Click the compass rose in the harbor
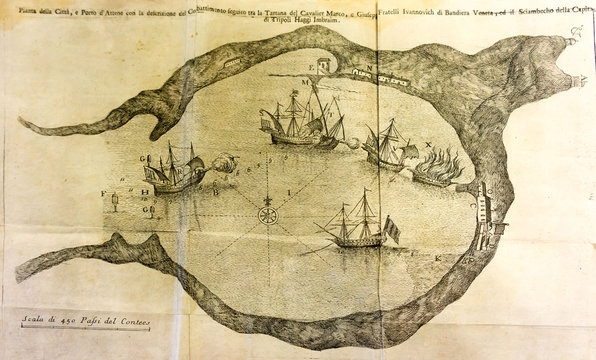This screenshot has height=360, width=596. [x=267, y=215]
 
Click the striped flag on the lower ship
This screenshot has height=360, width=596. [x=392, y=232]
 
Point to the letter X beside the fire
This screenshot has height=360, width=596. [x=428, y=144]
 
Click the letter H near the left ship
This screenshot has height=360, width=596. [x=146, y=190]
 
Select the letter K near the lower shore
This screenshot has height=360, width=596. [x=438, y=257]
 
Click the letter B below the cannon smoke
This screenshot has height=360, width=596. [x=214, y=190]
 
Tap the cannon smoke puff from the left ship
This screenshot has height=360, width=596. [x=226, y=162]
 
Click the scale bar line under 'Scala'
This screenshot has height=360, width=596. [x=85, y=326]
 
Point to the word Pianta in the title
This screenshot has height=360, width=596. [x=16, y=10]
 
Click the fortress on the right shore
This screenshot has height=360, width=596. [x=487, y=215]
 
